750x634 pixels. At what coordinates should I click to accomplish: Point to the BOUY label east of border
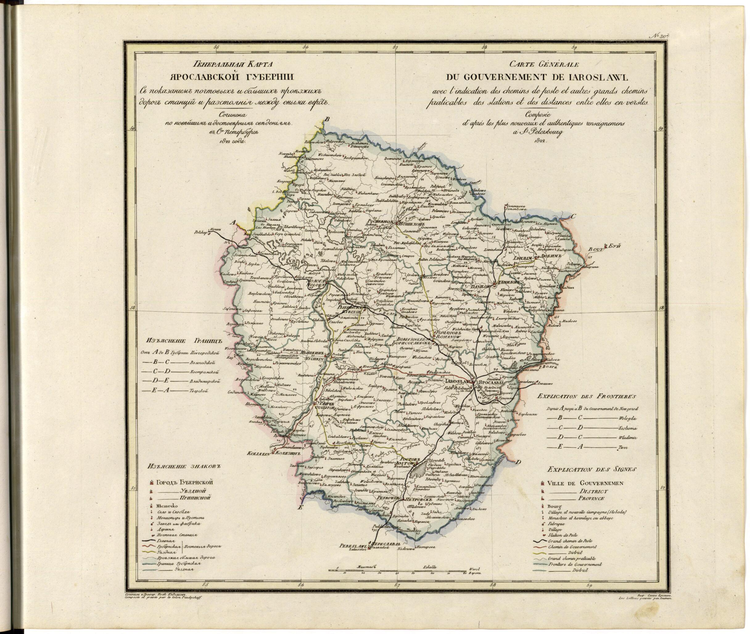pos(594,249)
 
